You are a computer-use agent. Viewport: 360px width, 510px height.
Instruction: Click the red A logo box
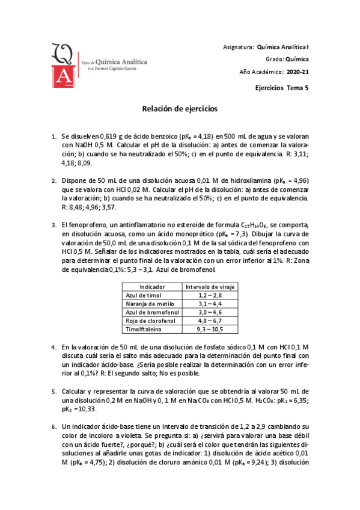(62, 76)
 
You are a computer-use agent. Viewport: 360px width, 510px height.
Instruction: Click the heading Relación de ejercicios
(179, 109)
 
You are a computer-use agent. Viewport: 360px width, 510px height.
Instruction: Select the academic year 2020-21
(298, 72)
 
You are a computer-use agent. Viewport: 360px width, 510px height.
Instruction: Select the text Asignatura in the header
(237, 46)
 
